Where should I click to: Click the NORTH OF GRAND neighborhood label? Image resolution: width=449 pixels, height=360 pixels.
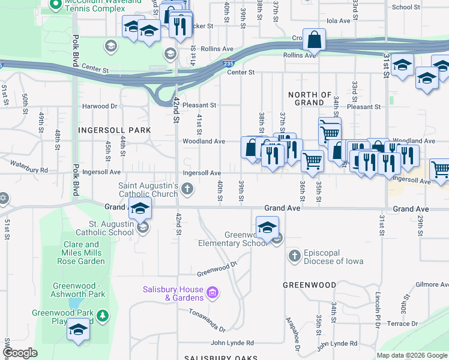tap(310, 99)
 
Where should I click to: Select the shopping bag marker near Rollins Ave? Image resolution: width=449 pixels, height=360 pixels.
tap(314, 40)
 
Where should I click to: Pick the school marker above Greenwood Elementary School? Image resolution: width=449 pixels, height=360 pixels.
tap(267, 227)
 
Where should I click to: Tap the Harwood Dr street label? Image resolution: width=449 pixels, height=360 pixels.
tap(99, 106)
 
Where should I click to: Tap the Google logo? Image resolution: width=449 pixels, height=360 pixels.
tap(20, 352)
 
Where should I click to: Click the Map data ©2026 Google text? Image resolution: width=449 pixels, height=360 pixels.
tap(411, 355)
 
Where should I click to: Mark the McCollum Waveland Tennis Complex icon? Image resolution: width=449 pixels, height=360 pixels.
tap(56, 7)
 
